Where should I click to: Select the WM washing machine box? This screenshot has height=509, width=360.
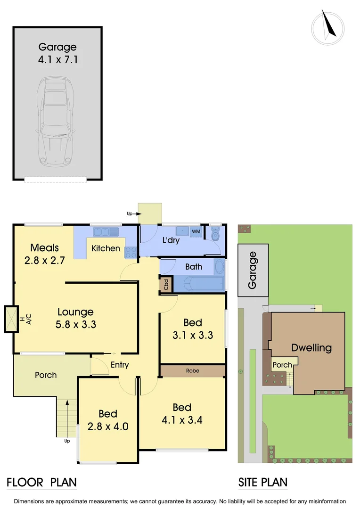(x=196, y=231)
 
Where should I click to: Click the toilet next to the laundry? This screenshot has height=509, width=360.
(x=215, y=234)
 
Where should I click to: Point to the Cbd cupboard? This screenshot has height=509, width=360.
(x=166, y=285)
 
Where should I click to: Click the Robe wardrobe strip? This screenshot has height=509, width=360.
(x=192, y=370)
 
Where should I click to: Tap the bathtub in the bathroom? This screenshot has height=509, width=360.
(x=198, y=284)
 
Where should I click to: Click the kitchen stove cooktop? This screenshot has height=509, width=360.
(x=130, y=252)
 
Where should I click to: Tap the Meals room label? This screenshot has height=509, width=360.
(x=44, y=247)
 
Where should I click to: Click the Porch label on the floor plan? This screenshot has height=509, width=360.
(x=46, y=375)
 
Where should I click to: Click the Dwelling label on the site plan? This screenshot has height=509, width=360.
(x=311, y=348)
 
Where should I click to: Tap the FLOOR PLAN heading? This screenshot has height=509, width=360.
(x=41, y=482)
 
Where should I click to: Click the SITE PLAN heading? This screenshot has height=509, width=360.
(x=262, y=482)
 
